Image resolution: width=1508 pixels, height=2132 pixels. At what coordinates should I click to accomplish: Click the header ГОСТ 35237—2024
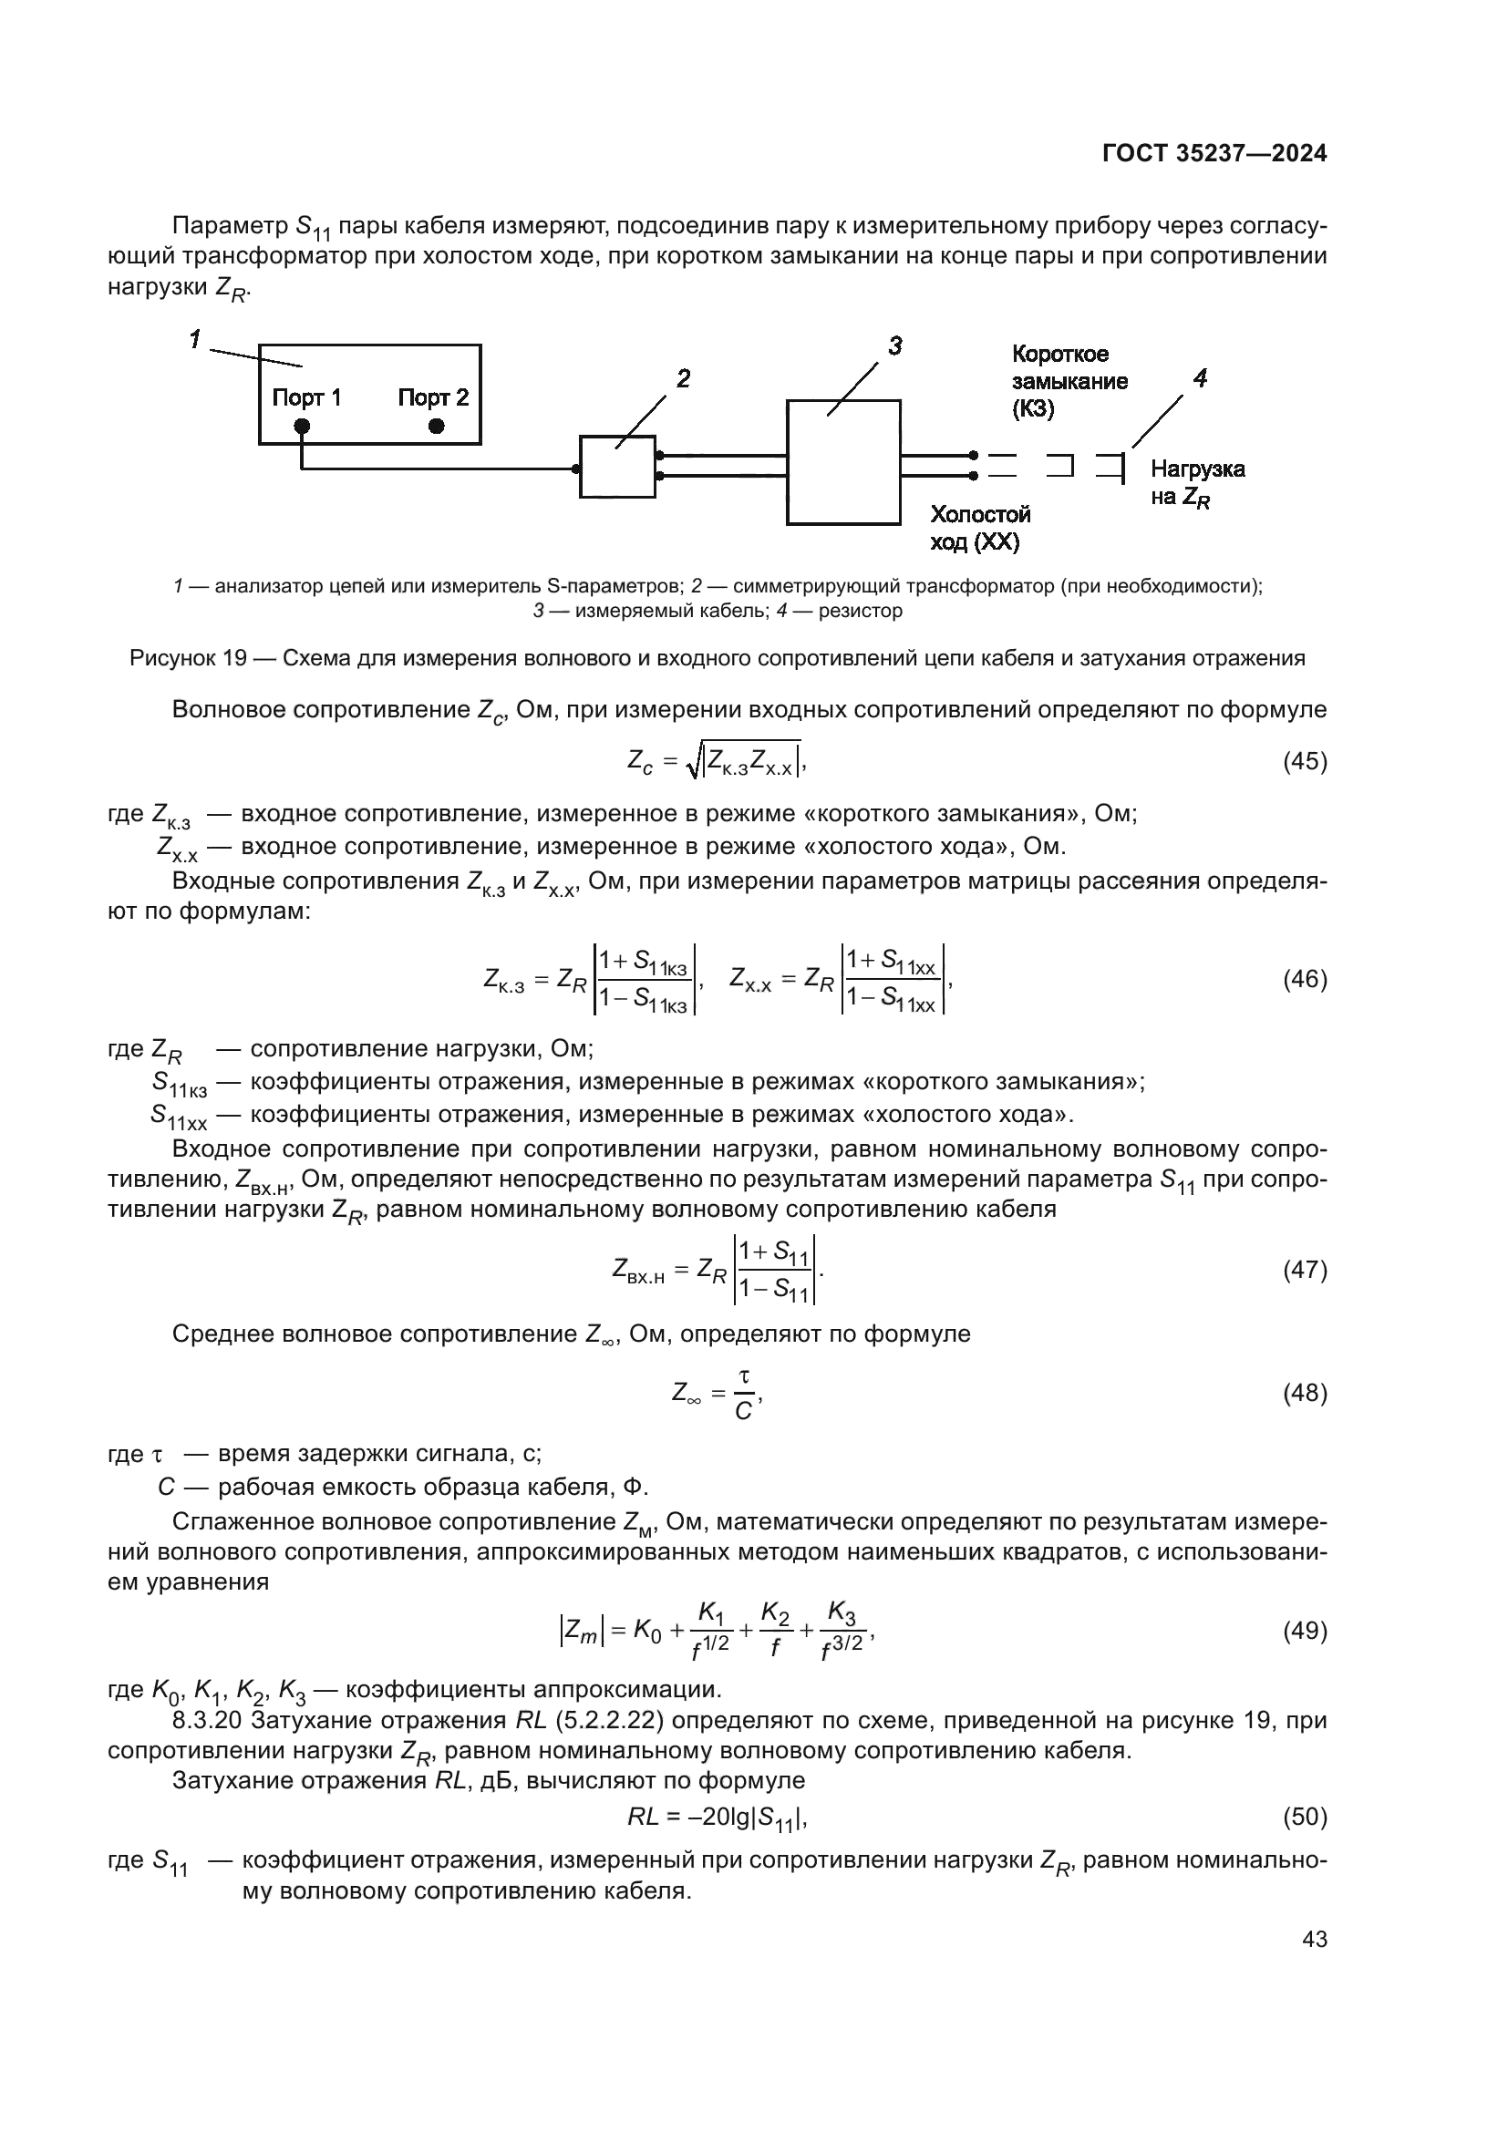(x=1214, y=153)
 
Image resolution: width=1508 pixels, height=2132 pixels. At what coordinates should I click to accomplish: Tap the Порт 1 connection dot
(x=302, y=427)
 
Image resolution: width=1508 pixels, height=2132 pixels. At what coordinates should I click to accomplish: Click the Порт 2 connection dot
(x=437, y=427)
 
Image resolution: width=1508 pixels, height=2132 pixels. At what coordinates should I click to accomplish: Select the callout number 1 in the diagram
(x=195, y=340)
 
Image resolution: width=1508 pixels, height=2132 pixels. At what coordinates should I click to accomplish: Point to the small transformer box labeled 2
(x=617, y=467)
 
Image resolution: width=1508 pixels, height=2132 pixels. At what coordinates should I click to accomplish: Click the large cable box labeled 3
(x=843, y=462)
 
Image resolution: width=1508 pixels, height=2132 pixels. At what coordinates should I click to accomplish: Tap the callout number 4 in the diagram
(x=1200, y=378)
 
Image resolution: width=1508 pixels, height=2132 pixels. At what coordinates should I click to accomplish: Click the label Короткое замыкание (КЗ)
(x=1069, y=381)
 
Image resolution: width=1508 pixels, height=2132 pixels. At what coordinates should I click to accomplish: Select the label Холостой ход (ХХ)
(x=979, y=528)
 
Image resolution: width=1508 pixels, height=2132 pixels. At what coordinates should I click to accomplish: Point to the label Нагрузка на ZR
(x=1197, y=483)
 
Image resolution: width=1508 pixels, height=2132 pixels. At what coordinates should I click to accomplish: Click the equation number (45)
(x=1305, y=761)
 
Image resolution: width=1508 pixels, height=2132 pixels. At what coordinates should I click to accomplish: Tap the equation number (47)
(x=1305, y=1270)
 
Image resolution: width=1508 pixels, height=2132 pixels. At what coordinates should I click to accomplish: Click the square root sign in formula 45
(x=692, y=763)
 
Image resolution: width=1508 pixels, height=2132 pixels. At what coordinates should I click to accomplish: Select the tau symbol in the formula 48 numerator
(x=743, y=1376)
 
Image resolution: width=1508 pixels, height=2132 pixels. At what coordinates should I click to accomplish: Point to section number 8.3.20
(x=207, y=1721)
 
